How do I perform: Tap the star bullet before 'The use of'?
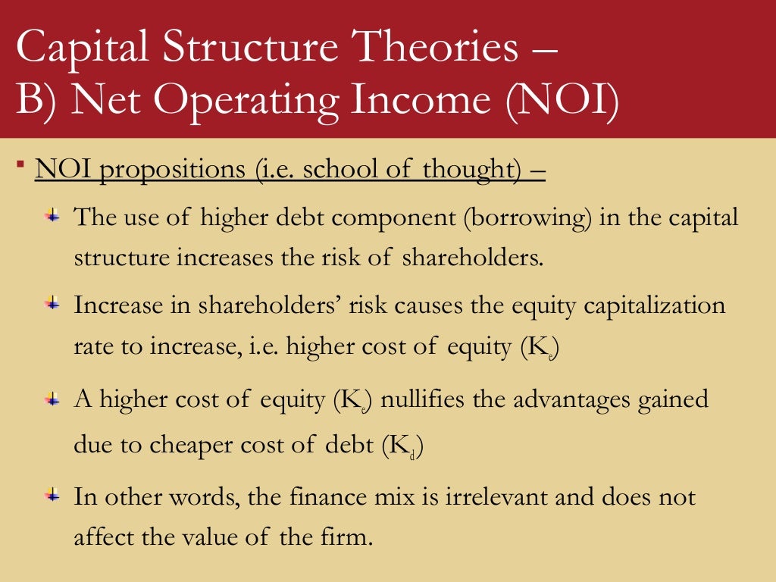(x=52, y=217)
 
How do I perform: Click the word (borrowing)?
(x=527, y=218)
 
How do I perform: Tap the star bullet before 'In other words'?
(x=52, y=496)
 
